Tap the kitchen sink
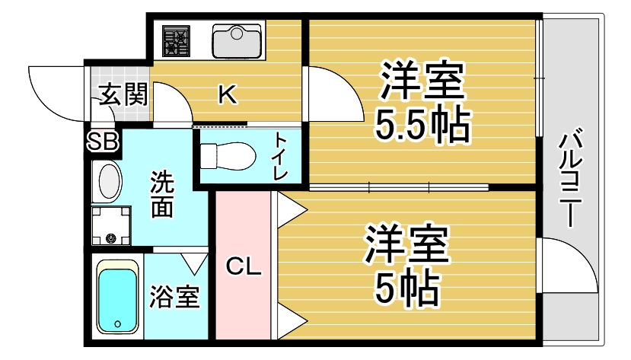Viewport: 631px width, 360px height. click(x=237, y=40)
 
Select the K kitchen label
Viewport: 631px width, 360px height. click(x=227, y=95)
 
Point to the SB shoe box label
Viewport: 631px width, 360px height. click(x=102, y=141)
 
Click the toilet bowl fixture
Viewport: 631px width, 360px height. click(x=228, y=155)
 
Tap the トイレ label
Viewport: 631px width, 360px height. click(x=281, y=156)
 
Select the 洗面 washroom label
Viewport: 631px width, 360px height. click(x=161, y=194)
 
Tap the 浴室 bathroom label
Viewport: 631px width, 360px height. click(x=175, y=297)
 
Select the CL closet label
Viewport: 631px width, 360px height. click(x=244, y=266)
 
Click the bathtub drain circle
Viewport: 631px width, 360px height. click(x=117, y=324)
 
